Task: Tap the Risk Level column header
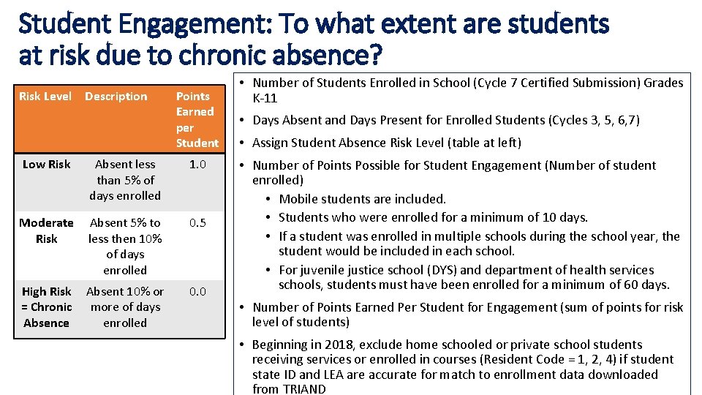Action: click(x=45, y=97)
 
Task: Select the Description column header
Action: click(x=116, y=97)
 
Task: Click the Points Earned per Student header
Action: click(x=196, y=119)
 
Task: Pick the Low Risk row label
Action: click(x=46, y=164)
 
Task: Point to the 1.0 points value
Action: click(x=197, y=164)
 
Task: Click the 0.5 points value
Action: click(x=197, y=222)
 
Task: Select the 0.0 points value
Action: click(x=197, y=291)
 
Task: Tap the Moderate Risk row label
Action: click(x=46, y=230)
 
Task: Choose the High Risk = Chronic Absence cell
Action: click(x=46, y=307)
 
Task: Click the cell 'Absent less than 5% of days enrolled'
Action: click(x=125, y=180)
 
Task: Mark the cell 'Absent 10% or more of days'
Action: click(x=125, y=307)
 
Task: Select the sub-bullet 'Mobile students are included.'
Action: click(x=363, y=199)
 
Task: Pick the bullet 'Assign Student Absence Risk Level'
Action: click(x=387, y=143)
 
